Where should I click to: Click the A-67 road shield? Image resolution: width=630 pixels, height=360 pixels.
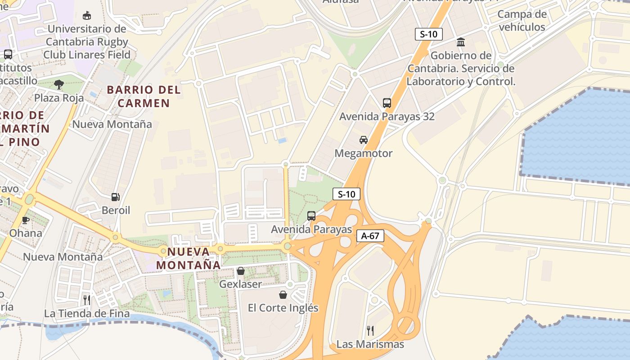370,236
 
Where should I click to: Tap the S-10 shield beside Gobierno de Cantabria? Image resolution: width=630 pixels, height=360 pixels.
428,34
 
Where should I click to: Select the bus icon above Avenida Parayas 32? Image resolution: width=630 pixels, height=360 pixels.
387,103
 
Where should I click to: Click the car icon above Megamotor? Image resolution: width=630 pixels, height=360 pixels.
364,140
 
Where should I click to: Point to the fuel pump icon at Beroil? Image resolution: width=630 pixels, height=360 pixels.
116,197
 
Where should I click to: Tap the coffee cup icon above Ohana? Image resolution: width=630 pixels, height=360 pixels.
26,220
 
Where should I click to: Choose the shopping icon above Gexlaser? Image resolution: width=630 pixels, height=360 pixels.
241,271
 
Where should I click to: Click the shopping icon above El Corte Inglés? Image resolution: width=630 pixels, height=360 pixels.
283,295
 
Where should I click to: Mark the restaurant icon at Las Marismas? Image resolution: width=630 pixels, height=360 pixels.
370,331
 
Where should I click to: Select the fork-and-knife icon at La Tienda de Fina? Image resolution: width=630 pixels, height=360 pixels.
87,300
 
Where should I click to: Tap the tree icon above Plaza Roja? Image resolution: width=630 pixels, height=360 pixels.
58,84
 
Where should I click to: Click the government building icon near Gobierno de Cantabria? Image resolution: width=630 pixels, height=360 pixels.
461,42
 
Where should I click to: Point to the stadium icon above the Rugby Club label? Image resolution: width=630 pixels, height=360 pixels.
87,16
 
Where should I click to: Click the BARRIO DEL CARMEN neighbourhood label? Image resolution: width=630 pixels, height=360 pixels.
144,96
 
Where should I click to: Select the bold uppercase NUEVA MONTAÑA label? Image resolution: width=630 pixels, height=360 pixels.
189,258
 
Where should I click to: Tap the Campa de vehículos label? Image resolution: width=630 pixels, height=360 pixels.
522,20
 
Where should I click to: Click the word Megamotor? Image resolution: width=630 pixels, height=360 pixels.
364,153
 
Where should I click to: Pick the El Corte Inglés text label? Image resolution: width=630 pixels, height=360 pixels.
283,308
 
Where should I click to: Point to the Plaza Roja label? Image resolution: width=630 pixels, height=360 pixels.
59,98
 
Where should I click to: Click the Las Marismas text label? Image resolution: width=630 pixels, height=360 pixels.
370,345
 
